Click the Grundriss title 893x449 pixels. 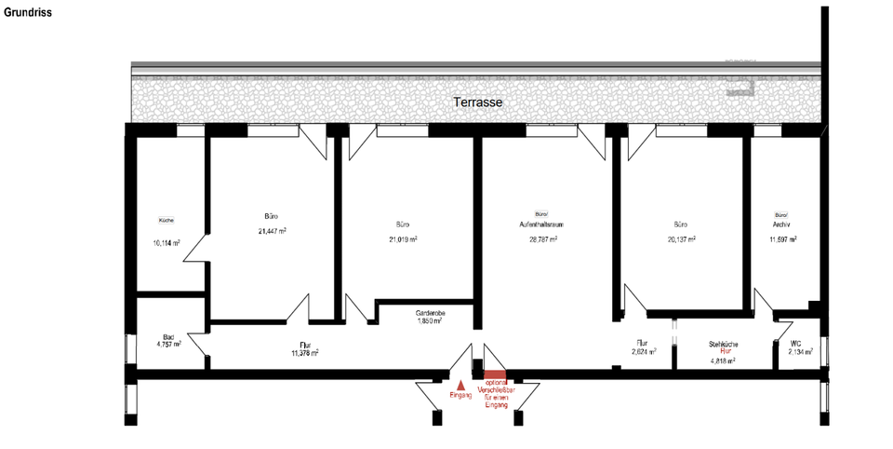click(28, 12)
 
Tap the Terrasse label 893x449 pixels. click(478, 102)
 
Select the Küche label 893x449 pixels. click(167, 220)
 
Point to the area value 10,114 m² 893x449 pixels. click(167, 243)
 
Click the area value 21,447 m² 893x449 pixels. click(273, 231)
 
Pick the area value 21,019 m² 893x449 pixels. click(403, 239)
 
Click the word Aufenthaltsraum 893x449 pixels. click(542, 225)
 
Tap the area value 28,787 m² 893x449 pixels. click(542, 239)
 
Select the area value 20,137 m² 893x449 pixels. click(681, 238)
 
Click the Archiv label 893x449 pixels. click(780, 224)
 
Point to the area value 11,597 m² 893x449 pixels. click(782, 239)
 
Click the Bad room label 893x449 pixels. click(168, 337)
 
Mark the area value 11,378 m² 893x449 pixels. click(304, 353)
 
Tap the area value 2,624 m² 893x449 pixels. click(643, 352)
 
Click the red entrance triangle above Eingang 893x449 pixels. click(460, 383)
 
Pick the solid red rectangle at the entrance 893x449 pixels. click(493, 374)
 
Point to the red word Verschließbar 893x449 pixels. click(493, 390)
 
